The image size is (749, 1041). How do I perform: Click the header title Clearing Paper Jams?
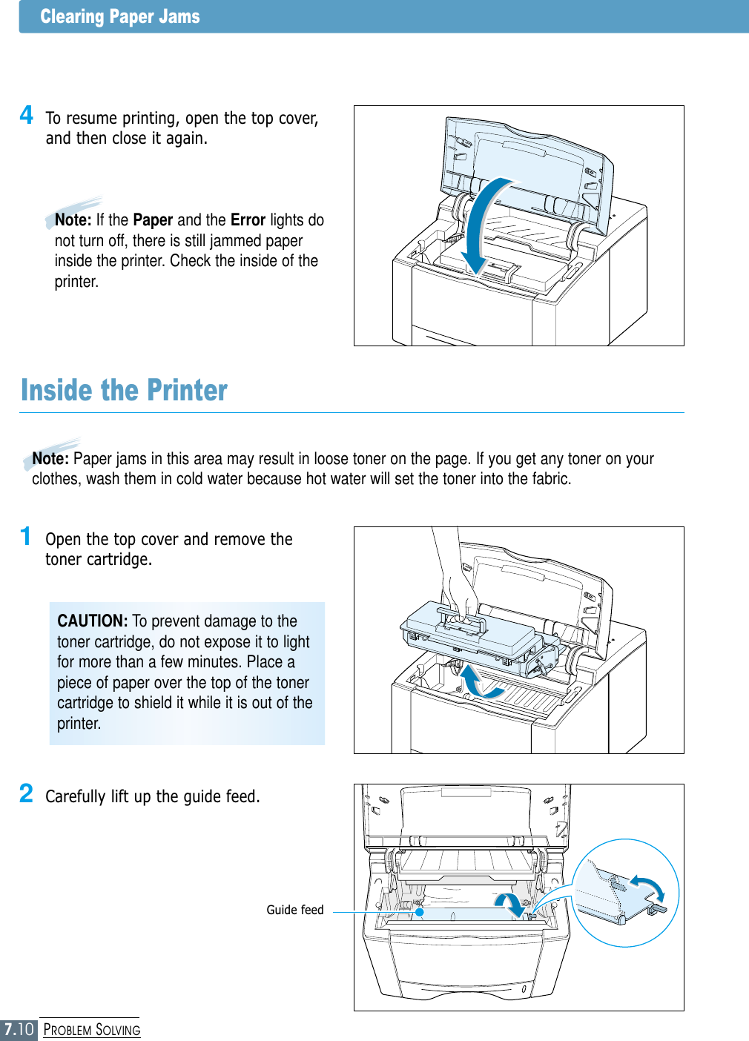[x=120, y=16]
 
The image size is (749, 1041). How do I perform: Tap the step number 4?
[x=27, y=115]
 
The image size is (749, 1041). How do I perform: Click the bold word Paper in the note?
[x=153, y=220]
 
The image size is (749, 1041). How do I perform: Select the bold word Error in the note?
[x=248, y=220]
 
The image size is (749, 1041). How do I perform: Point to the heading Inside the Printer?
[x=124, y=391]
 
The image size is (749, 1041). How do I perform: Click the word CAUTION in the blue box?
[x=93, y=621]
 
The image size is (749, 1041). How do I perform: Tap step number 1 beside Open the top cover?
[x=26, y=536]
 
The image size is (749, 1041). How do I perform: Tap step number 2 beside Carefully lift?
[x=27, y=793]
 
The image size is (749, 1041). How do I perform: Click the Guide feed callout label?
[x=295, y=910]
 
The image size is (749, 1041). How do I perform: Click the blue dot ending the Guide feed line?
[x=420, y=912]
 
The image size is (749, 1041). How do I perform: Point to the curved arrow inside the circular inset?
[x=648, y=887]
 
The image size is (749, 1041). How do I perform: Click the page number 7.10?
[x=19, y=1029]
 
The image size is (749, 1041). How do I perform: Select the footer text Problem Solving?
[x=92, y=1030]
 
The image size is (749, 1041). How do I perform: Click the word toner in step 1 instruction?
[x=64, y=560]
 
